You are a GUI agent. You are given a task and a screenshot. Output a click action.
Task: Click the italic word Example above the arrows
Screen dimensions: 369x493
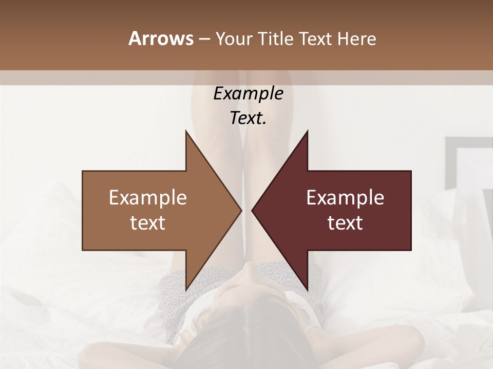point(248,94)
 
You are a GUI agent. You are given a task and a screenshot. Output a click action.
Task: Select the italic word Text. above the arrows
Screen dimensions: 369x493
point(248,118)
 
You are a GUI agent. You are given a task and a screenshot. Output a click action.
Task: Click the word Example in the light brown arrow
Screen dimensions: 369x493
point(147,198)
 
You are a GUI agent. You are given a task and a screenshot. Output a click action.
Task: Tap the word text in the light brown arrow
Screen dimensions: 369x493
point(147,223)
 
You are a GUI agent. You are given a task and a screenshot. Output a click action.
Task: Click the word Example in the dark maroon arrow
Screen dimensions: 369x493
point(345,198)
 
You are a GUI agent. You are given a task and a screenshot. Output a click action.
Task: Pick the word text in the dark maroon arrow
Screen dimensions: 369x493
point(345,223)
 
